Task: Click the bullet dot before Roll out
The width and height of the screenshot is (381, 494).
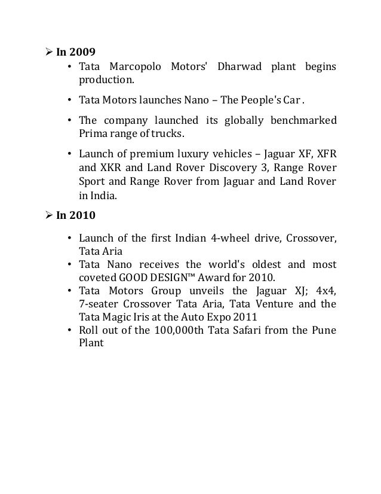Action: coord(70,331)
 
